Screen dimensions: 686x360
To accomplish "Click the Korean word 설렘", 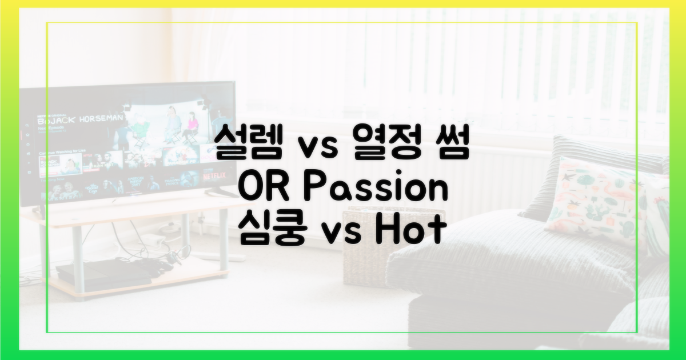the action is [248, 142].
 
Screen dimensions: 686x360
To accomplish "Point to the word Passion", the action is [376, 187].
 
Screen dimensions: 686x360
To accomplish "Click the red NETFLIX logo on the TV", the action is [214, 176].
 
